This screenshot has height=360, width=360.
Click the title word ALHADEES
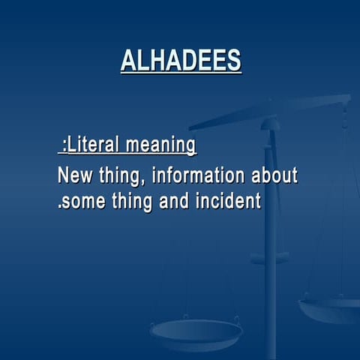tap(181, 61)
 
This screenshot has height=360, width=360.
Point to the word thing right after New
tap(119, 177)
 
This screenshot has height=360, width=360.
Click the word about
tap(274, 176)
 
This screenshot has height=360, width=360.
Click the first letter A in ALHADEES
tap(128, 61)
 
